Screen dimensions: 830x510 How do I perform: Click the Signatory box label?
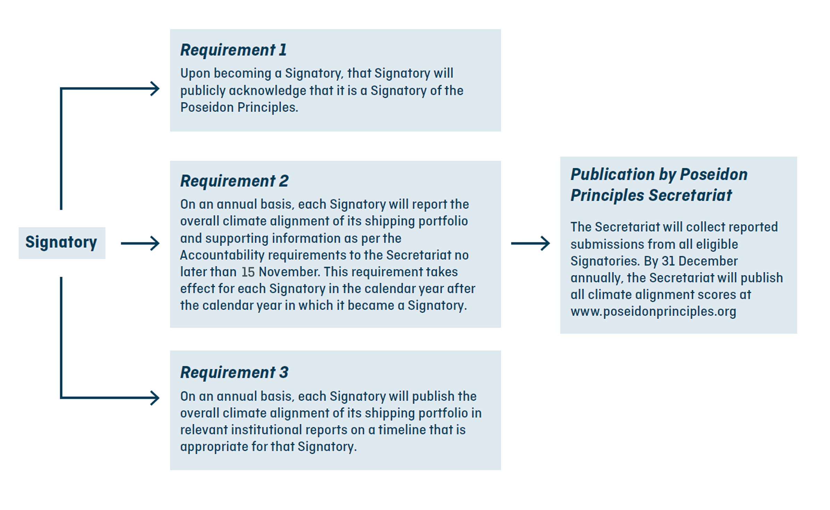(x=61, y=242)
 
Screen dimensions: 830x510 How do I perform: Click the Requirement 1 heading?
(x=234, y=50)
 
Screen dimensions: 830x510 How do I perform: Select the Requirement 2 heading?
(x=234, y=181)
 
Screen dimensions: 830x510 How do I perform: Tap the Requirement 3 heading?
(x=234, y=372)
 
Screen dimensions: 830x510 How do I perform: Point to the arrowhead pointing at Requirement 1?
(x=155, y=89)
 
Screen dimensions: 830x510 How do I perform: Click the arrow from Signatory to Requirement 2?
(x=140, y=243)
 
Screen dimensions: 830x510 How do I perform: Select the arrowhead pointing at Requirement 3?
(x=155, y=398)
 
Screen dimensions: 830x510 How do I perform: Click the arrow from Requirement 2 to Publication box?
(x=531, y=243)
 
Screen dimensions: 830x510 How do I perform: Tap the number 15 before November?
(x=248, y=272)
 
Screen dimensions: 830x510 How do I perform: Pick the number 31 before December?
(x=668, y=261)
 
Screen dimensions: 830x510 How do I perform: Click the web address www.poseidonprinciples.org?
(x=653, y=312)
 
